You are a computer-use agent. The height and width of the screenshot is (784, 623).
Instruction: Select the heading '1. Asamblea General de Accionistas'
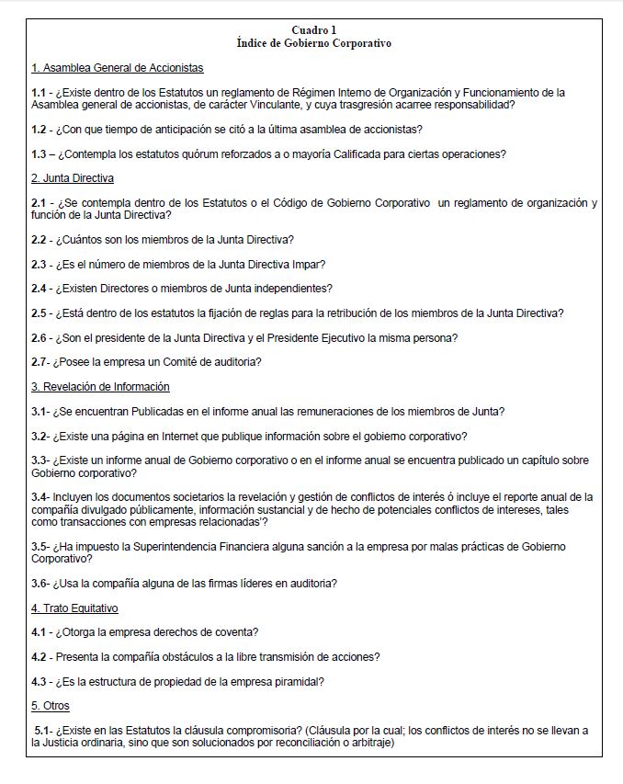(117, 68)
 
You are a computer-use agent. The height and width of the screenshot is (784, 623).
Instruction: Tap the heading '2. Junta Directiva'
(73, 177)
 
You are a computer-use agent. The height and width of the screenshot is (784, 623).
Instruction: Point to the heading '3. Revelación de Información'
(100, 387)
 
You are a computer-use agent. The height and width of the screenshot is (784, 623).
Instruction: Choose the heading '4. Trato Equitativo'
(74, 608)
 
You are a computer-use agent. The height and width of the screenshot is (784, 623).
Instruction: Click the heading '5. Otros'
(51, 706)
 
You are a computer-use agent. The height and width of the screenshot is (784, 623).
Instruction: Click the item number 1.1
(39, 92)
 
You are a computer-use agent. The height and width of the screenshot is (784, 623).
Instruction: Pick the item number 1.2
(39, 129)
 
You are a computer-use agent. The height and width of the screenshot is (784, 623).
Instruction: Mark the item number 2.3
(39, 264)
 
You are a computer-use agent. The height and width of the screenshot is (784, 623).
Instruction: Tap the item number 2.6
(39, 337)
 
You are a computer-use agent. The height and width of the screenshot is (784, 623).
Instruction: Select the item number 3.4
(39, 497)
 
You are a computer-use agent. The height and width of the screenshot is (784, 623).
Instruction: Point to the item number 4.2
(39, 656)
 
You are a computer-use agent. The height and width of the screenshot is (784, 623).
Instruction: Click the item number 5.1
(42, 730)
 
